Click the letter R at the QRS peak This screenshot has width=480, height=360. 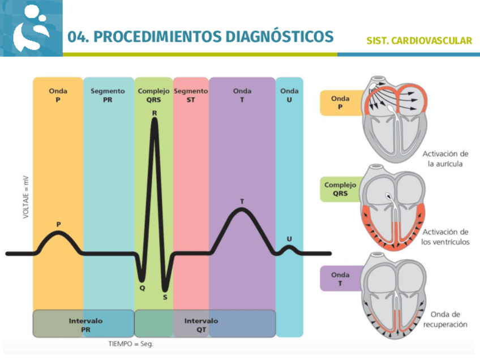(x=154, y=113)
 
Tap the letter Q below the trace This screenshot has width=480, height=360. (x=143, y=288)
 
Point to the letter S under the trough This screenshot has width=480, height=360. (x=165, y=296)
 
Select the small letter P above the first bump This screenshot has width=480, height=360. (x=58, y=225)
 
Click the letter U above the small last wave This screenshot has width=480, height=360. (x=289, y=239)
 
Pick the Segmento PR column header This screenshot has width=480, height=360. (x=108, y=95)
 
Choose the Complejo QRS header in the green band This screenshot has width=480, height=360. (x=153, y=95)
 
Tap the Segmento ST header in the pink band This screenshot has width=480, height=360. (x=191, y=95)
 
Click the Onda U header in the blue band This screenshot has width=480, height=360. (x=289, y=95)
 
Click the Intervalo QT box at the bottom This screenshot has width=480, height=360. (x=201, y=324)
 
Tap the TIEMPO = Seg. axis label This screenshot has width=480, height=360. (x=131, y=344)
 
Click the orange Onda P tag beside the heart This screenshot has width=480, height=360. (x=340, y=102)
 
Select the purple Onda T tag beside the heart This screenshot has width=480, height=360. (x=340, y=278)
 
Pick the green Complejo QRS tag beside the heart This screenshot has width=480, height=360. (x=340, y=188)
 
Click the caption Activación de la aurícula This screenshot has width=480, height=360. (x=445, y=159)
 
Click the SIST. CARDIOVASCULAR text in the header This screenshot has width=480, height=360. (x=419, y=41)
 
